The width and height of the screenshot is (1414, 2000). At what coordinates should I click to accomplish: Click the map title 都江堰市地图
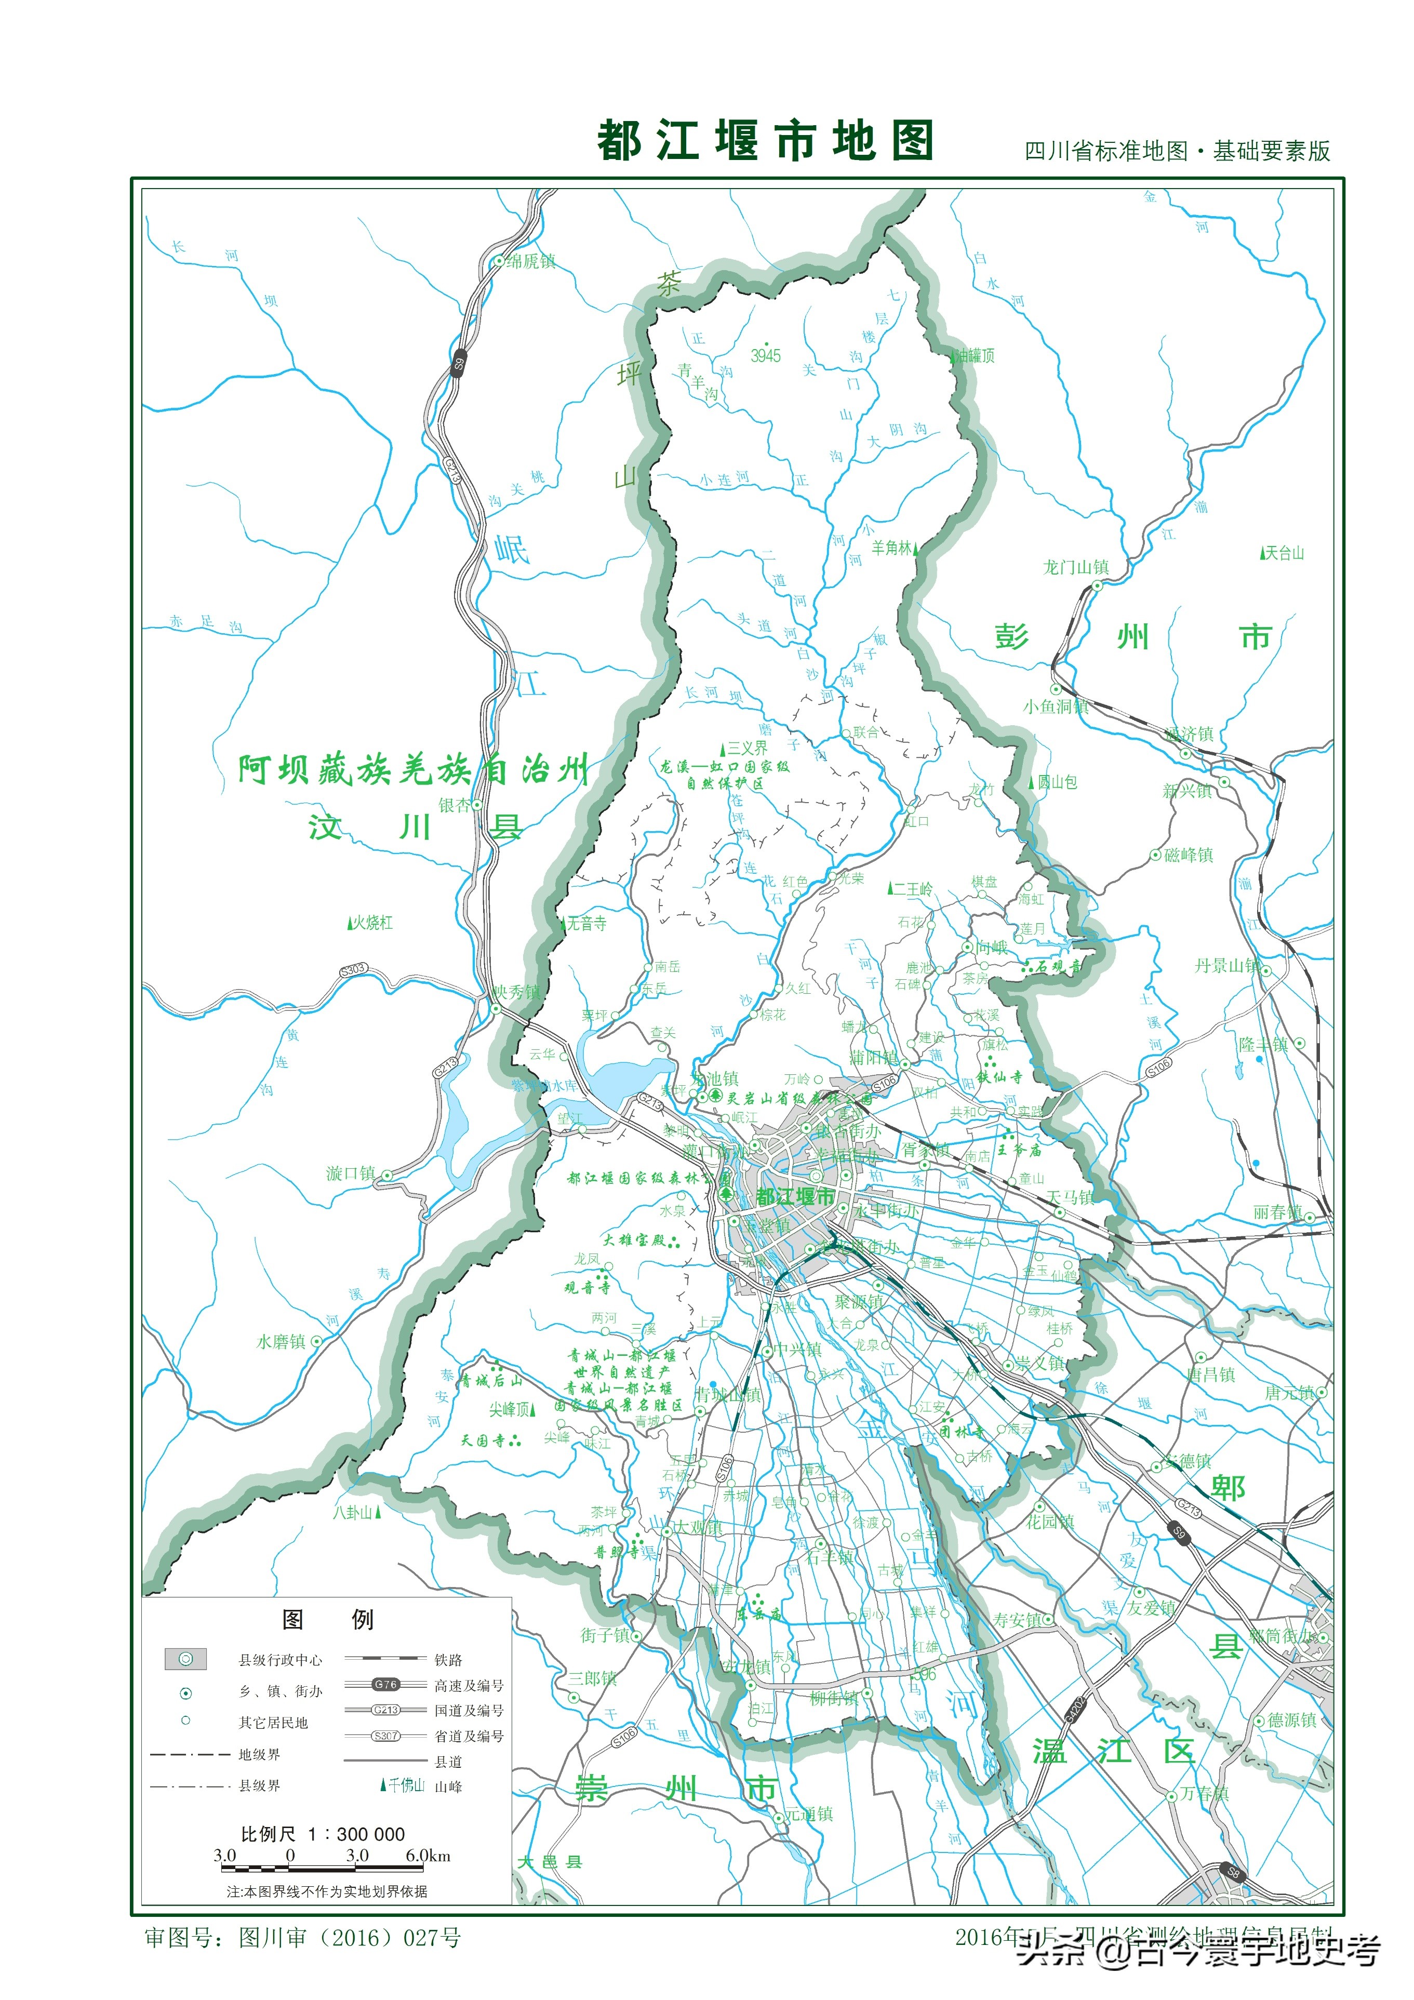point(765,141)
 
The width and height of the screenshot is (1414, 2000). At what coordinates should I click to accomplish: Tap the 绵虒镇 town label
point(530,261)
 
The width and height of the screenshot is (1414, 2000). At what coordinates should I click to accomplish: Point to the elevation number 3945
point(766,355)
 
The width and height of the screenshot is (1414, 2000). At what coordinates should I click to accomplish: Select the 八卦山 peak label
point(353,1512)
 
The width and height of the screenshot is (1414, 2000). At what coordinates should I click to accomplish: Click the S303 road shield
point(353,969)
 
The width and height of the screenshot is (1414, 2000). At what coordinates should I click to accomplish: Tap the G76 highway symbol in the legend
point(386,1685)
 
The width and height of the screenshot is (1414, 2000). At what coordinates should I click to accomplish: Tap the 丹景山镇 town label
point(1226,966)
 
